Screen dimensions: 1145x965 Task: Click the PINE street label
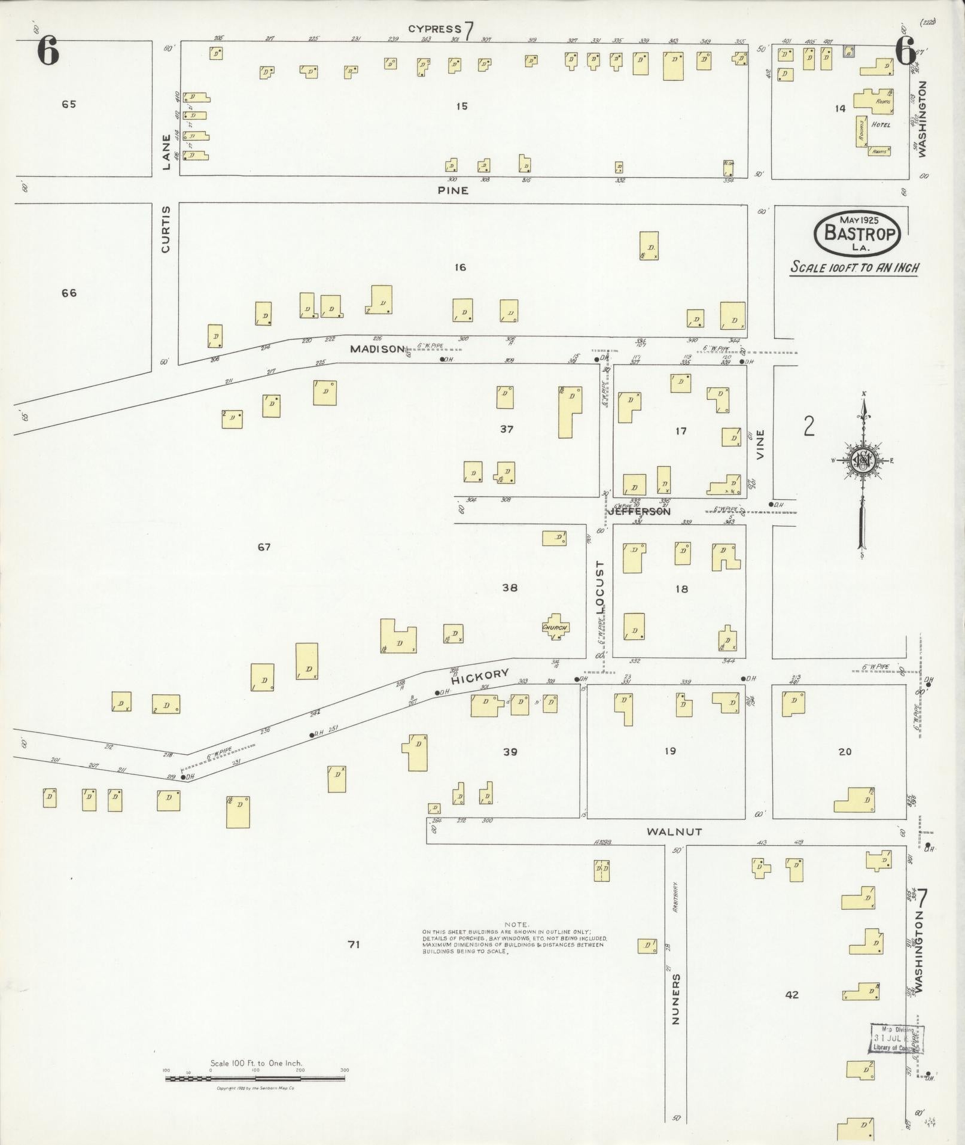coord(452,191)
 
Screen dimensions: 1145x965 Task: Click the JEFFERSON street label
coord(639,512)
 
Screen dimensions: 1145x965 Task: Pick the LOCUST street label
coord(600,587)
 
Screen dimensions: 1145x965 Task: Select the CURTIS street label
coord(166,229)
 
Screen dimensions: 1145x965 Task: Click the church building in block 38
coord(555,627)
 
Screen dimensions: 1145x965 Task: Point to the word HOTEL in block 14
coord(881,125)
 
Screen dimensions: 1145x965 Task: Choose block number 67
coord(264,546)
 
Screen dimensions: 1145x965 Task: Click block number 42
coord(792,994)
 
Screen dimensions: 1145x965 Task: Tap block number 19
coord(669,751)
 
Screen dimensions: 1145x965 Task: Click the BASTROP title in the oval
coord(857,232)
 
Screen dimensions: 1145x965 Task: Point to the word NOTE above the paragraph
coord(516,941)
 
